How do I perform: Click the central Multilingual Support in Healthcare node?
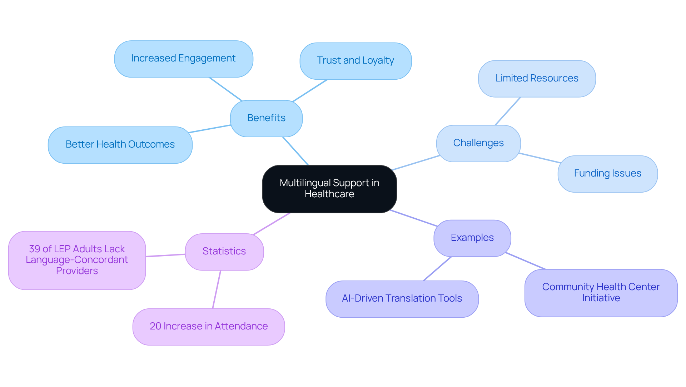[x=329, y=189]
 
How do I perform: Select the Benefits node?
[x=266, y=118]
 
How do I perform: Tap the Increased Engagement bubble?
[x=184, y=59]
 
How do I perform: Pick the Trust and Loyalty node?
[x=356, y=61]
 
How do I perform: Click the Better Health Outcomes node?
[x=120, y=145]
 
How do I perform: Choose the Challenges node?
[x=478, y=143]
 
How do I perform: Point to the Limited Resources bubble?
[x=537, y=78]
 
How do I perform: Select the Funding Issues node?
[x=607, y=174]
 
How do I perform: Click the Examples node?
[x=472, y=238]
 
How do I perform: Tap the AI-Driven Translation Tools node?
[x=402, y=299]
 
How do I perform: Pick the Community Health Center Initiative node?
[x=601, y=293]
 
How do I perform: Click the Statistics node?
[x=224, y=252]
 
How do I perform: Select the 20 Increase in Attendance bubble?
[x=209, y=327]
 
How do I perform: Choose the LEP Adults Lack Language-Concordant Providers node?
[x=77, y=260]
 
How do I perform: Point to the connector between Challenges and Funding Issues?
[x=540, y=158]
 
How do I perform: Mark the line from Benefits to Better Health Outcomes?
[x=209, y=129]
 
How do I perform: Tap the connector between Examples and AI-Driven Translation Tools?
[x=437, y=269]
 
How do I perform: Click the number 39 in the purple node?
[x=34, y=249]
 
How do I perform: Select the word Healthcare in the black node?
[x=329, y=194]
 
